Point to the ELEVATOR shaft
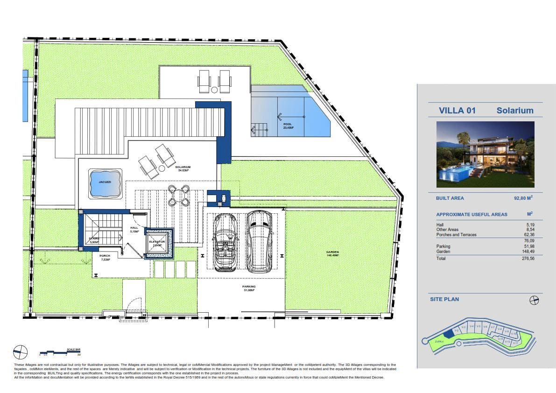(x=159, y=243)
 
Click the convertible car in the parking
(x=225, y=243)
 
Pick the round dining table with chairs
(x=179, y=196)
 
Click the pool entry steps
(x=259, y=129)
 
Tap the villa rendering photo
(x=485, y=154)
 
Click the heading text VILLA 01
(x=457, y=111)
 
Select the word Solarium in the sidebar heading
(x=514, y=111)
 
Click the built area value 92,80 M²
(x=523, y=198)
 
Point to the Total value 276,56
(x=528, y=258)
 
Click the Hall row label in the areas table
(x=440, y=225)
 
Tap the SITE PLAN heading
(x=444, y=299)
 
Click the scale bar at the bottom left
(x=60, y=351)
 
